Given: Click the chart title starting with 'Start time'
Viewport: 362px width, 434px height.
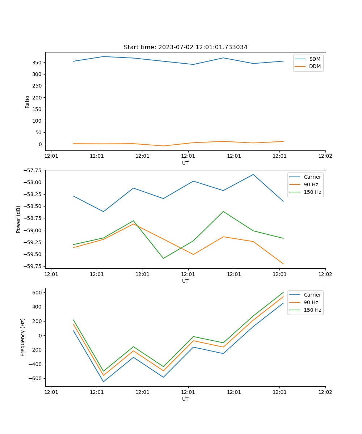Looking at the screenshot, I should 185,47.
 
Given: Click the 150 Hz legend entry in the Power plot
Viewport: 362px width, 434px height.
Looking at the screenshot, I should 312,192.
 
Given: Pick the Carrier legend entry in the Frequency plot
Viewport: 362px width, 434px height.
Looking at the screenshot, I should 312,295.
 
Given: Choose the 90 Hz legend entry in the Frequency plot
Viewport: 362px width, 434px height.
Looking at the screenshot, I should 311,302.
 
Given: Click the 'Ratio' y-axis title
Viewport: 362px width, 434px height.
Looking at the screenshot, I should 28,102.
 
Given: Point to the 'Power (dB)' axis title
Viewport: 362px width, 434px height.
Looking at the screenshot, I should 18,219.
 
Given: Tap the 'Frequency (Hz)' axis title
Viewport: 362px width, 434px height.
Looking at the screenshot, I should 23,337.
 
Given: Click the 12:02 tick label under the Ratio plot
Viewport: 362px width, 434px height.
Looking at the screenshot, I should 325,156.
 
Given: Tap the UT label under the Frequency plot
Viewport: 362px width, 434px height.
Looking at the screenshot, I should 185,399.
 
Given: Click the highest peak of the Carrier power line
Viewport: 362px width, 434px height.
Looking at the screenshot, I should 253,175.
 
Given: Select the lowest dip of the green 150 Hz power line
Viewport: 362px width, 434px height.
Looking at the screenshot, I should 163,258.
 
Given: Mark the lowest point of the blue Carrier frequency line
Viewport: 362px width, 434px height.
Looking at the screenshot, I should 103,382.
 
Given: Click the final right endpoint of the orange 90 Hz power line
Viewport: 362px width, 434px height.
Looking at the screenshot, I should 283,264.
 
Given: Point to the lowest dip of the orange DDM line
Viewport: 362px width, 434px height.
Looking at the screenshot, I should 163,146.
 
